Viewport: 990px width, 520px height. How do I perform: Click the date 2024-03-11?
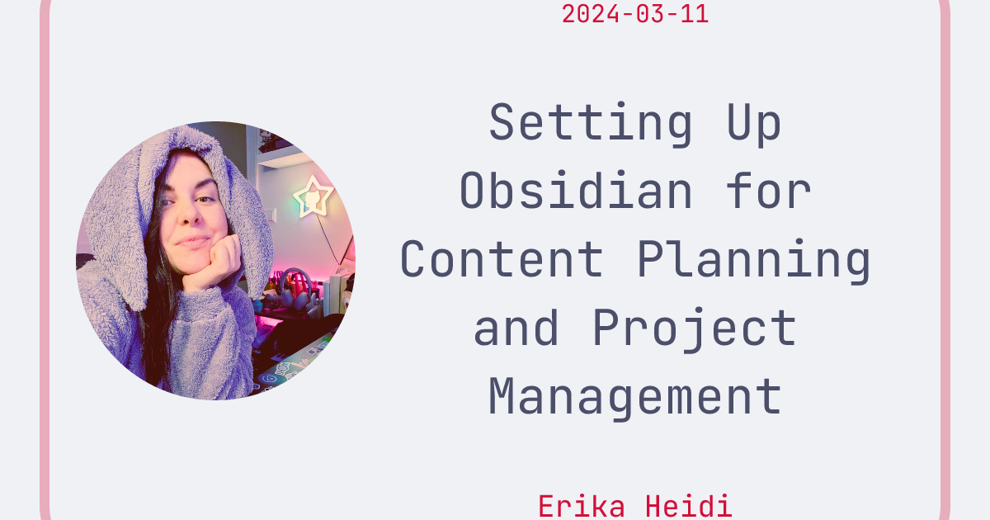(x=634, y=14)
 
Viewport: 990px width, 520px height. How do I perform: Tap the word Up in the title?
(x=753, y=124)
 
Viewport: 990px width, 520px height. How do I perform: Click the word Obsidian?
(x=576, y=191)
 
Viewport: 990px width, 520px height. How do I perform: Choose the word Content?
(x=502, y=259)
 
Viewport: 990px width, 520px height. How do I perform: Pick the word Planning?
(x=753, y=259)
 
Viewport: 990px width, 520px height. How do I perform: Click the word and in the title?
(x=516, y=327)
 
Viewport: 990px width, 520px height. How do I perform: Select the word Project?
(x=694, y=327)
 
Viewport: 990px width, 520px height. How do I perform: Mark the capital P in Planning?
(x=650, y=259)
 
